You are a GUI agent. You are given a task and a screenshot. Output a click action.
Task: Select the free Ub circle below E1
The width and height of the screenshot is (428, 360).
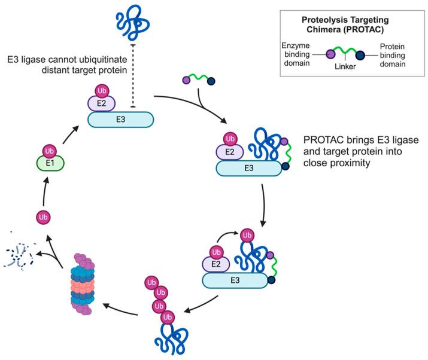(x=43, y=216)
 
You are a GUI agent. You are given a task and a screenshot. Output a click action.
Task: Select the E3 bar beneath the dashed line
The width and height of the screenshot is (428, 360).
(x=122, y=120)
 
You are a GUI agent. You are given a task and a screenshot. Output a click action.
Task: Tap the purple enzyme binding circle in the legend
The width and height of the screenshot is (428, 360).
(x=329, y=55)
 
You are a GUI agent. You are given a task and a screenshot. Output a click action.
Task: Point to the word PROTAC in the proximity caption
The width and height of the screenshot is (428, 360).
(x=322, y=139)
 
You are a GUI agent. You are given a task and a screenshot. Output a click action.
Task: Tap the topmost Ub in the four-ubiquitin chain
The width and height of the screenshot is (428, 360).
(x=153, y=280)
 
